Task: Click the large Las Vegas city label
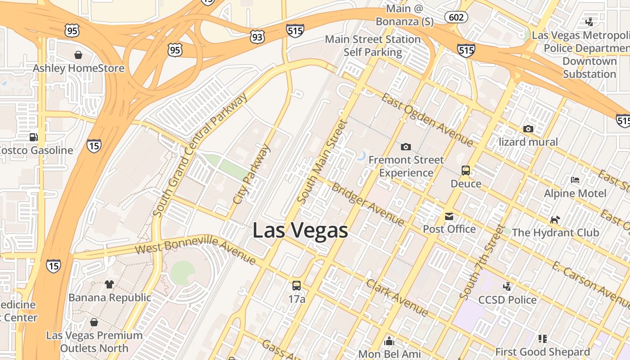pos(300,230)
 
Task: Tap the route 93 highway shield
pos(257,37)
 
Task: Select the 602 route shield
pos(456,17)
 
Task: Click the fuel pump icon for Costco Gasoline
pos(33,137)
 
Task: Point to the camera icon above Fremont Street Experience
pos(405,147)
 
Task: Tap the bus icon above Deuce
pos(466,171)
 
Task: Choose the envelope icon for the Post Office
pos(449,216)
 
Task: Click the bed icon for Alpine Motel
pos(575,180)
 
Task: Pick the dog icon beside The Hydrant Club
pos(555,220)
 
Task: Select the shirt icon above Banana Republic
pos(109,284)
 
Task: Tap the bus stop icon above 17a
pos(296,285)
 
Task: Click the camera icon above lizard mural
pos(528,129)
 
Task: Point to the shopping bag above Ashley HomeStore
pos(78,55)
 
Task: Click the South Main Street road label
pos(323,162)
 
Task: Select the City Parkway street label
pos(252,173)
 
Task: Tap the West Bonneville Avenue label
pos(196,249)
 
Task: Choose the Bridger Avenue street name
pos(368,203)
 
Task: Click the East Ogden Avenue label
pos(427,120)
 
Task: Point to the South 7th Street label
pos(481,262)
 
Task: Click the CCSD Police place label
pos(507,300)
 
